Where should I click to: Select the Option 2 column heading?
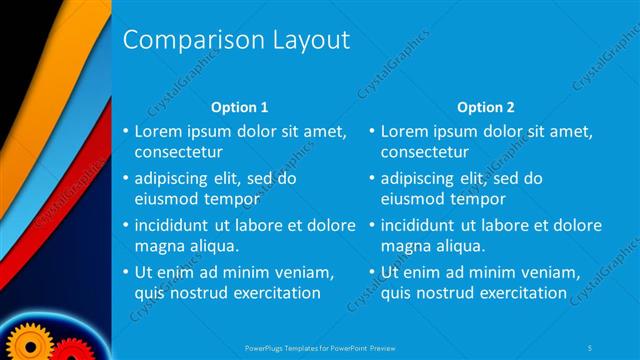485,107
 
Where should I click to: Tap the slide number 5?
591,347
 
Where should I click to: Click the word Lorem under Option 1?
157,132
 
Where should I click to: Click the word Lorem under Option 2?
404,132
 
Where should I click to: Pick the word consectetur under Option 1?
178,152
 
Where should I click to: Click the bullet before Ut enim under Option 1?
124,273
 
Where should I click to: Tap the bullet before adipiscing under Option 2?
371,179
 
